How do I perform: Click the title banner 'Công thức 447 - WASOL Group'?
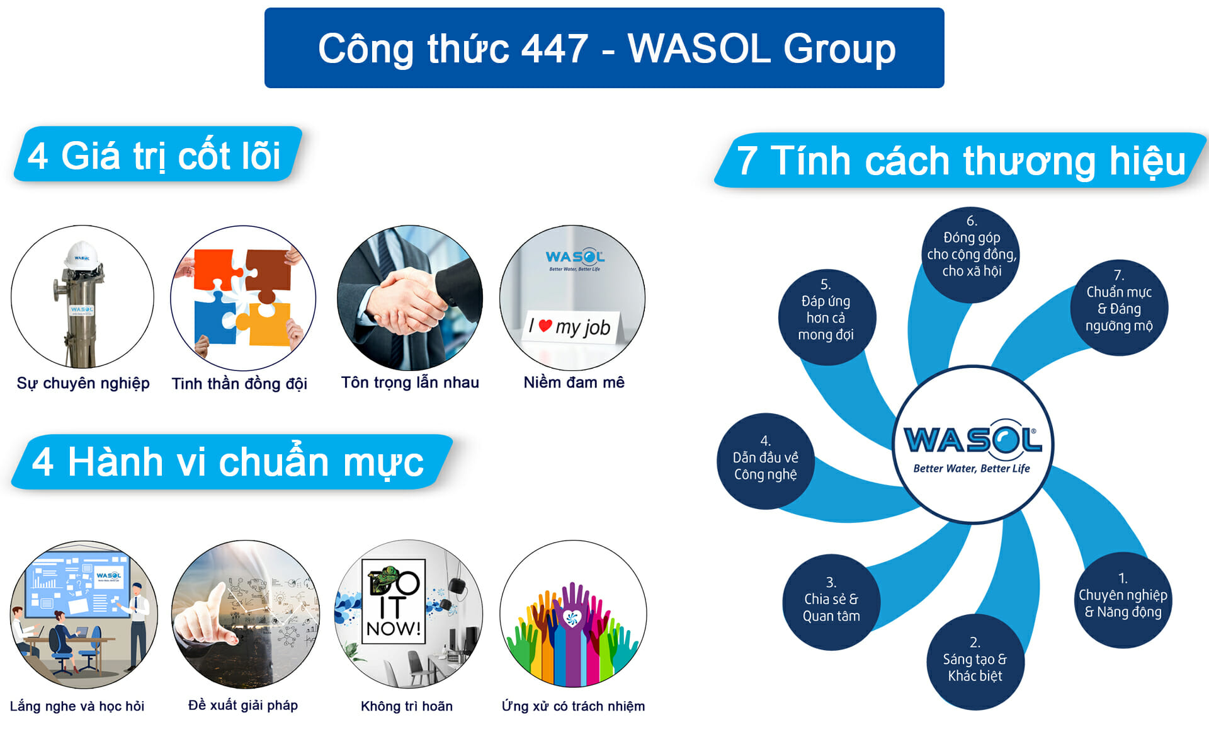[604, 48]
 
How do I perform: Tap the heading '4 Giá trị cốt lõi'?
[157, 154]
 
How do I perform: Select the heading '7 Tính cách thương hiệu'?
[961, 160]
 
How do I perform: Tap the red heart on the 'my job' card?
[545, 326]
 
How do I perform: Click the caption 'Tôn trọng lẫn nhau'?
[410, 382]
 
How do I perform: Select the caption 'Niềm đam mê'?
[574, 382]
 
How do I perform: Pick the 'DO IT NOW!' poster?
[394, 601]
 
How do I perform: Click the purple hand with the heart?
[572, 630]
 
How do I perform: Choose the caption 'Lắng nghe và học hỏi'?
[77, 706]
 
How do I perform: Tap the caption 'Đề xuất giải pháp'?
[243, 705]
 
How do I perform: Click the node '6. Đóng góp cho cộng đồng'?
[972, 255]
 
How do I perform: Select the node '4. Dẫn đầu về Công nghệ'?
[766, 461]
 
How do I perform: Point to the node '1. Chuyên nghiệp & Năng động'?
[1123, 600]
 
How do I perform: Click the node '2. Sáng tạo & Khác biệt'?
[975, 662]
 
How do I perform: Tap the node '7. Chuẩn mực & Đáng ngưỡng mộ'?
[1119, 308]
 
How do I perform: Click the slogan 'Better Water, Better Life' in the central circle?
[972, 468]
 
